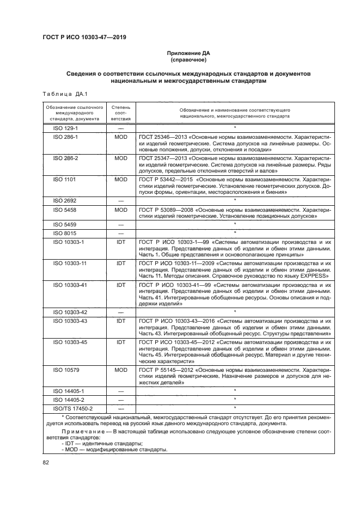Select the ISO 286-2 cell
[65, 157]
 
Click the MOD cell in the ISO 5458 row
[120, 209]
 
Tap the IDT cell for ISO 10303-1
[120, 240]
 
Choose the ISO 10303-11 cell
[66, 263]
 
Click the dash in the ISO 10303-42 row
[120, 312]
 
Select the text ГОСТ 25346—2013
[161, 137]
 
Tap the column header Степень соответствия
[120, 113]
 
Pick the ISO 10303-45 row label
[66, 341]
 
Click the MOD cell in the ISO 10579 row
[120, 370]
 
